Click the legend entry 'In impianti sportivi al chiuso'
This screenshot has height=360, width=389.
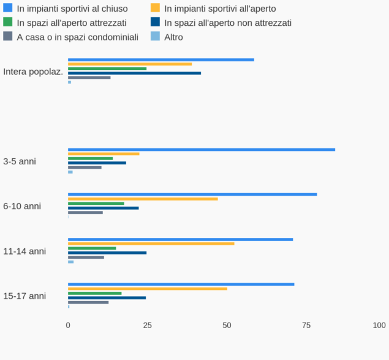point(72,9)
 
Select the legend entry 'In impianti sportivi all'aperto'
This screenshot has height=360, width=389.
point(220,9)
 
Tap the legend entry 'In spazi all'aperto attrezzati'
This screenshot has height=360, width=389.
point(72,23)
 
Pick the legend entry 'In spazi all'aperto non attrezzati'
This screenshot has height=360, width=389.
point(227,23)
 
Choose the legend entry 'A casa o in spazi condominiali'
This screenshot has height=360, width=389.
point(77,37)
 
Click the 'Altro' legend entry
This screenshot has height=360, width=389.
point(173,37)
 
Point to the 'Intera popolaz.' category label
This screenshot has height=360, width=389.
point(33,72)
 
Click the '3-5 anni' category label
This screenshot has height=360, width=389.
point(20,161)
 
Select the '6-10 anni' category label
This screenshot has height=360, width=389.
point(22,206)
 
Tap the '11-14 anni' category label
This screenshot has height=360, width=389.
point(25,251)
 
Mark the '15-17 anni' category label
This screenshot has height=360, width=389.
point(25,296)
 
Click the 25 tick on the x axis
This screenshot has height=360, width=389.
point(148,325)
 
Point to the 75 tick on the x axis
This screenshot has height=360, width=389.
point(306,325)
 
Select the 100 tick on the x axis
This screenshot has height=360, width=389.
point(379,325)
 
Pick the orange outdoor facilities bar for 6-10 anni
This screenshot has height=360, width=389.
point(143,199)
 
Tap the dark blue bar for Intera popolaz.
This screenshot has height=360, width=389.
point(134,73)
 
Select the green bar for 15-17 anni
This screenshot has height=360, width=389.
point(94,293)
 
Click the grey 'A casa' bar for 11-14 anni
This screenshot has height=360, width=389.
point(86,257)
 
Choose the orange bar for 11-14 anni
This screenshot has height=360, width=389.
point(151,243)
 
